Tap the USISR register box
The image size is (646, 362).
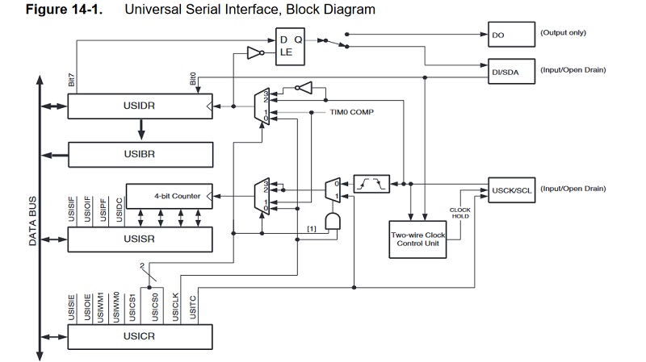(x=139, y=239)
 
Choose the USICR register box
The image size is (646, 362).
(x=139, y=335)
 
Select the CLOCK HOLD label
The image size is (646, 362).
(x=459, y=213)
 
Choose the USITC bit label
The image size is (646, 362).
(x=191, y=307)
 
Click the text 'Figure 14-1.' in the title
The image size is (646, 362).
(x=52, y=10)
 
